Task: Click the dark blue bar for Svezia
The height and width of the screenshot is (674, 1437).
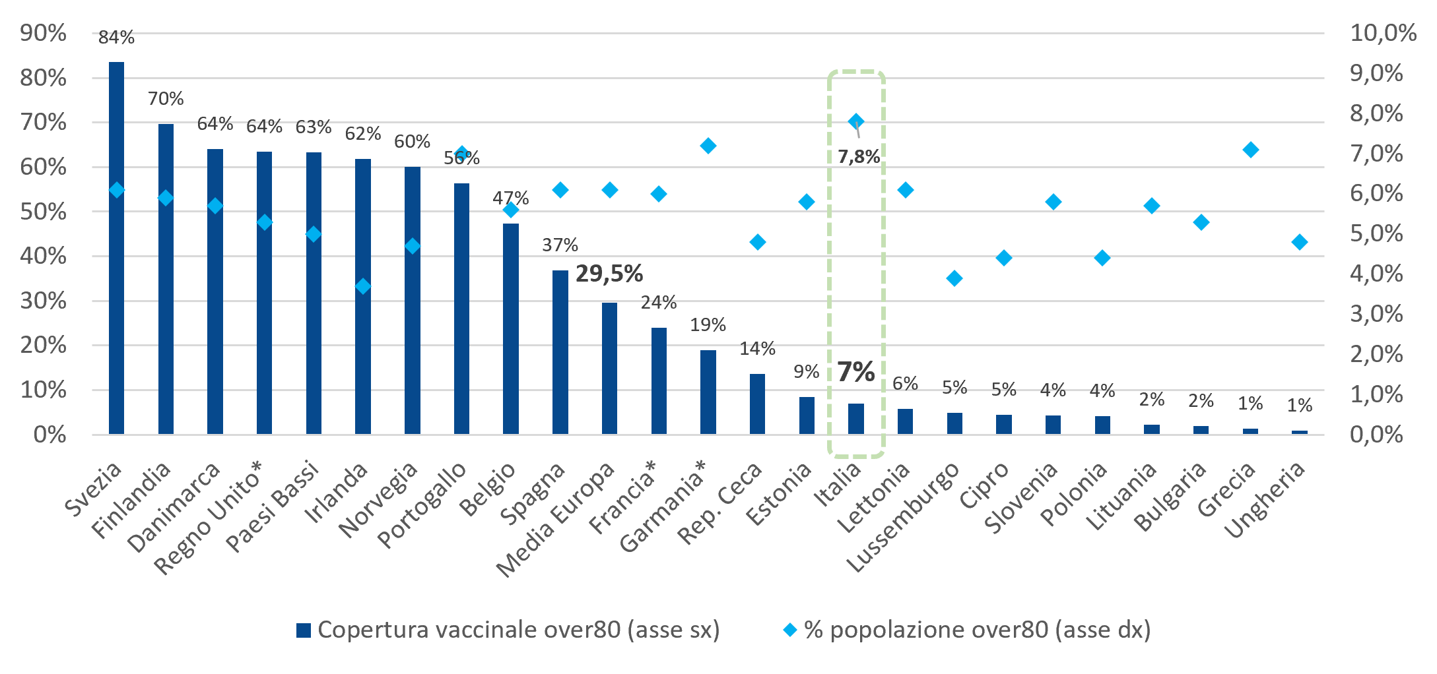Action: pyautogui.click(x=116, y=248)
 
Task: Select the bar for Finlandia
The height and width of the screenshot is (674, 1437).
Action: pyautogui.click(x=166, y=279)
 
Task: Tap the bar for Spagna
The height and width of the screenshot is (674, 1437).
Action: pyautogui.click(x=560, y=352)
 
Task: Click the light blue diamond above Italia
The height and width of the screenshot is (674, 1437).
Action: pyautogui.click(x=856, y=121)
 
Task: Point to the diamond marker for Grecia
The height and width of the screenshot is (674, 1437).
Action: pyautogui.click(x=1250, y=150)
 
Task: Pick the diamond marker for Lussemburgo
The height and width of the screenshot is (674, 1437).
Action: pyautogui.click(x=954, y=278)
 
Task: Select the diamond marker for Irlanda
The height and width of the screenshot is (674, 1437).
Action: pyautogui.click(x=363, y=286)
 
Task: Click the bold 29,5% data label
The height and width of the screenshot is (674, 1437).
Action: pyautogui.click(x=609, y=273)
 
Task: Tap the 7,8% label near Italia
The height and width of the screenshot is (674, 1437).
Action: pyautogui.click(x=859, y=157)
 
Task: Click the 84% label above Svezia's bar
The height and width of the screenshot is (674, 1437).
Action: pyautogui.click(x=116, y=38)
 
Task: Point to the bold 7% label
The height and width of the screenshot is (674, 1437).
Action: pyautogui.click(x=856, y=372)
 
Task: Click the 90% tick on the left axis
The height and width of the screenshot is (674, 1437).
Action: pyautogui.click(x=44, y=33)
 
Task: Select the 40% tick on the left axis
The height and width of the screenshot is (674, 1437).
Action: pyautogui.click(x=44, y=256)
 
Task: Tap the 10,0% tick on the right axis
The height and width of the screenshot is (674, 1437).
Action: pyautogui.click(x=1384, y=33)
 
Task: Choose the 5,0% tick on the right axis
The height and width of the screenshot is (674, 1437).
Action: pyautogui.click(x=1377, y=233)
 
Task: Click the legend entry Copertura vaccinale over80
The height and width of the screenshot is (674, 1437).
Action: pyautogui.click(x=508, y=630)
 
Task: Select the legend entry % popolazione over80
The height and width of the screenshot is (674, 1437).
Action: pyautogui.click(x=967, y=630)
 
